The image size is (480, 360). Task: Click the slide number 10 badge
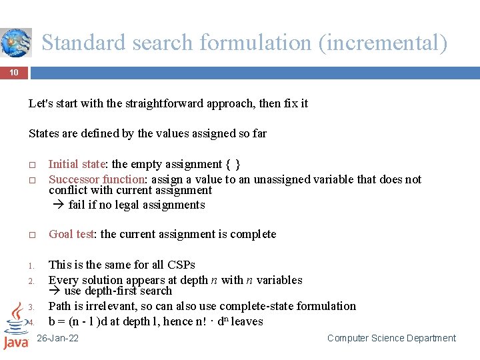point(14,72)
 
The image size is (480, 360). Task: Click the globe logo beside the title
point(16,43)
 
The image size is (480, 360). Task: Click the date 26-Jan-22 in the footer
point(58,338)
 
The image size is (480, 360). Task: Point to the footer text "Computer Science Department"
point(391,338)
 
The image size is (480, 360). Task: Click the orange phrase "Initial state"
point(77,164)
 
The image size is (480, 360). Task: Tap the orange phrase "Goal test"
point(71,234)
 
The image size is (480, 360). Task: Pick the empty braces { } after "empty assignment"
point(233,164)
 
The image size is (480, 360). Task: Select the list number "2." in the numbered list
point(31,281)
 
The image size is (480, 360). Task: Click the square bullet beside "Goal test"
point(31,235)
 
